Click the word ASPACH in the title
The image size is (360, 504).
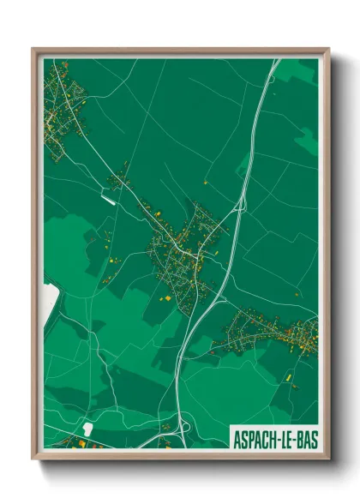[x=253, y=438]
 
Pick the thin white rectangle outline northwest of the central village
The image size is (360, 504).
[x=108, y=199]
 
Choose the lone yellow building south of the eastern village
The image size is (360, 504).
[x=289, y=375]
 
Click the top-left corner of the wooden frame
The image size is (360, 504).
[x=33, y=50]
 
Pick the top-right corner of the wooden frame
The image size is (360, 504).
[x=327, y=50]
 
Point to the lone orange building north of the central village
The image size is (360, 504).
[x=205, y=183]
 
